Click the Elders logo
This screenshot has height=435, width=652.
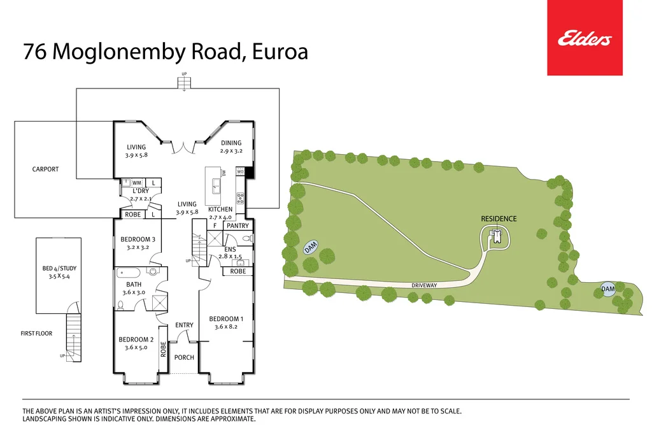[x=585, y=38]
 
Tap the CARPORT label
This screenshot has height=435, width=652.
[x=45, y=169]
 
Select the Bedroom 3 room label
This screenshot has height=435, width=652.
[x=138, y=239]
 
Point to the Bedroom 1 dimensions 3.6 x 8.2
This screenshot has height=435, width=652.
[x=226, y=327]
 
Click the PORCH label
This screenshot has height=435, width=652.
[x=184, y=357]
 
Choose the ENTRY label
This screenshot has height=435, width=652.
[x=184, y=325]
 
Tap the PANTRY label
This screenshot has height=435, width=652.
[x=237, y=225]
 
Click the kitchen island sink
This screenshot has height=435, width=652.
[x=216, y=185]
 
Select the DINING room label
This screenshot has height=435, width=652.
[x=231, y=143]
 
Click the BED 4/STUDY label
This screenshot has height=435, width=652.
[x=59, y=269]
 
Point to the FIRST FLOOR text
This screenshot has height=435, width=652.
[x=36, y=333]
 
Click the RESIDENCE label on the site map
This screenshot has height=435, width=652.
[x=499, y=218]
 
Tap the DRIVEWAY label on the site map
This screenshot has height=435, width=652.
[x=423, y=285]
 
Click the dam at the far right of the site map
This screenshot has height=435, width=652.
[x=608, y=289]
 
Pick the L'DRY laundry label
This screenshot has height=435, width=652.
[x=141, y=191]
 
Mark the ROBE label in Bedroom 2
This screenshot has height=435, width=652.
[x=163, y=349]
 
